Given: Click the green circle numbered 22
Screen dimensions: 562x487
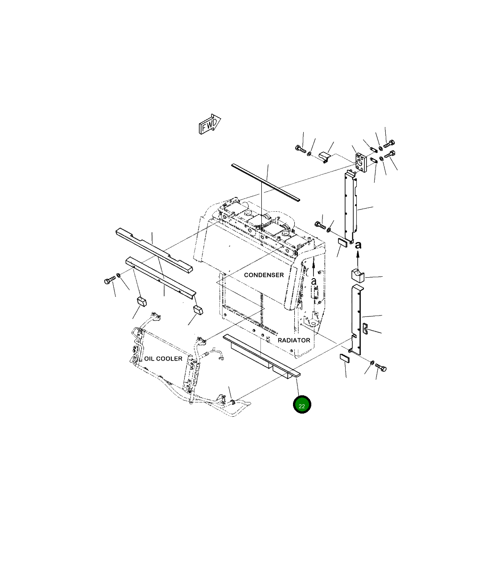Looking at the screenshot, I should point(302,405).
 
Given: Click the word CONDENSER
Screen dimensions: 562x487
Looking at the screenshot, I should point(264,275).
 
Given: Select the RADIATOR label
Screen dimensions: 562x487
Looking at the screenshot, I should point(294,340).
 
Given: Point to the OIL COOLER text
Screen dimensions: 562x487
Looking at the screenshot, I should point(163,358).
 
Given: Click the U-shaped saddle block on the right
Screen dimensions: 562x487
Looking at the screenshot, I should point(358,276).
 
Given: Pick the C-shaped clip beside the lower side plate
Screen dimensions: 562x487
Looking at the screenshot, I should point(364,328).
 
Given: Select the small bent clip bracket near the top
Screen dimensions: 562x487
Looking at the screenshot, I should point(325,156).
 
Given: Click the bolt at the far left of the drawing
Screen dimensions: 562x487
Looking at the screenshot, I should point(109,281).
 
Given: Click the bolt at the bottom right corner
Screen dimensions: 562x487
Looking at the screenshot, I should point(381,368).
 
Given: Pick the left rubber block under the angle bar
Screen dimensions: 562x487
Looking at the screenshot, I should point(141,301).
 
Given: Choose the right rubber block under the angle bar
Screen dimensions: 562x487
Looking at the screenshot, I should point(198,310).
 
